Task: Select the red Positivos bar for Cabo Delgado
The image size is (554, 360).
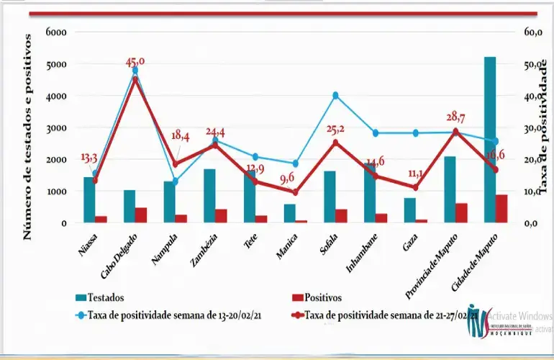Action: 141,215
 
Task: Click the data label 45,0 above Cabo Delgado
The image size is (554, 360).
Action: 135,63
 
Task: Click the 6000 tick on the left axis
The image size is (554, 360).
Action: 55,32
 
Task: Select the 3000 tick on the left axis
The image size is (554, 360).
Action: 55,128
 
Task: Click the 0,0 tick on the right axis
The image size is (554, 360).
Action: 532,224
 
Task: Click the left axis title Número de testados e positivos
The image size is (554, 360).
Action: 28,137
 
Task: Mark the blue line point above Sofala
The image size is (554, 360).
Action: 335,95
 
